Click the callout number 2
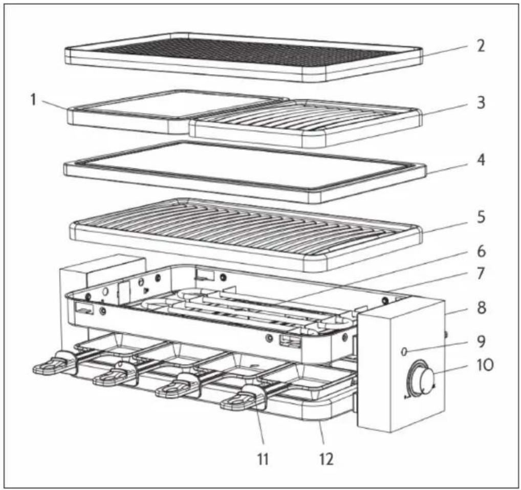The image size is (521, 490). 481,45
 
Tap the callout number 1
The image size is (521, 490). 33,99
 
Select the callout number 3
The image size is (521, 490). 481,103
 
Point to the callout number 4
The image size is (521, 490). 481,160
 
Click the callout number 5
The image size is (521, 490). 481,217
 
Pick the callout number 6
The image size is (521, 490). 481,251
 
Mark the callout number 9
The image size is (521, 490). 481,341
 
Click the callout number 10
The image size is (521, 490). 486,365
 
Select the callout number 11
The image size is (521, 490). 263,459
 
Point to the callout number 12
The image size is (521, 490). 327,459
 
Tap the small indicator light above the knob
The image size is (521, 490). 404,351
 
